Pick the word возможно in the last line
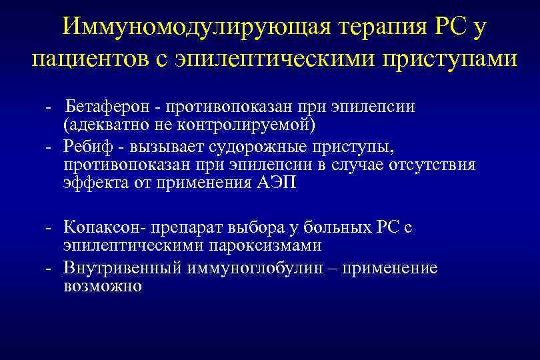[x=103, y=286]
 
